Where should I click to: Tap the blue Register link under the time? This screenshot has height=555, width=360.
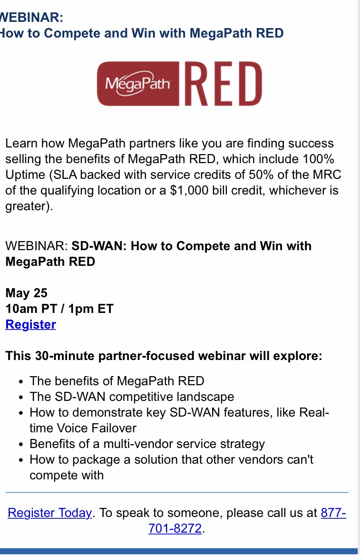point(30,325)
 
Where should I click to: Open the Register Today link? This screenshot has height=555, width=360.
point(49,513)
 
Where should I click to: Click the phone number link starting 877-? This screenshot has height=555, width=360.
point(333,513)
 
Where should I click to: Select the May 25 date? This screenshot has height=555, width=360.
point(26,293)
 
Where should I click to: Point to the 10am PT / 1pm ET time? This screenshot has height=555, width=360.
point(59,309)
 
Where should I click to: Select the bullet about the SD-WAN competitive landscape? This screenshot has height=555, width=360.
point(132,397)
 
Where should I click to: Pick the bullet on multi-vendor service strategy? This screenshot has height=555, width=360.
point(147,444)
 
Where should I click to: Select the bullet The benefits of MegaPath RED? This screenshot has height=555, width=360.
point(117,381)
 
